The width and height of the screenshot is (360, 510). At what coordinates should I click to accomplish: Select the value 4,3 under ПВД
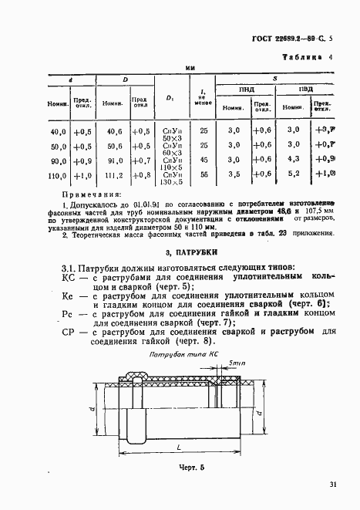pos(294,160)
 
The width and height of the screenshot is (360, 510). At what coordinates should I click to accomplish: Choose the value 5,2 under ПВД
pos(294,175)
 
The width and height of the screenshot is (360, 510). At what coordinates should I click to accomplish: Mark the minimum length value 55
pos(204,175)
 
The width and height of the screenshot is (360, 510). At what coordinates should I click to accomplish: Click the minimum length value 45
pos(204,160)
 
